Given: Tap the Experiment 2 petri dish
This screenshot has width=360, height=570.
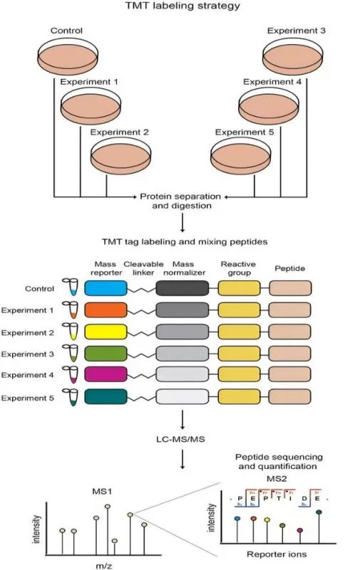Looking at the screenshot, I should click(x=120, y=155).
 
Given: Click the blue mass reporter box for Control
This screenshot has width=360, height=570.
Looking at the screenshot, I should click(x=105, y=289).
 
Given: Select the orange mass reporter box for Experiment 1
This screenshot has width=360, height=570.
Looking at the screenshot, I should click(x=105, y=310).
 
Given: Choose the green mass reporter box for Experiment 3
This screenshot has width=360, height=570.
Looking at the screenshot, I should click(x=105, y=353).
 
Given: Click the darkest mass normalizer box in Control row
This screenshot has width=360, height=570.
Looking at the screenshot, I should click(x=182, y=289).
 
